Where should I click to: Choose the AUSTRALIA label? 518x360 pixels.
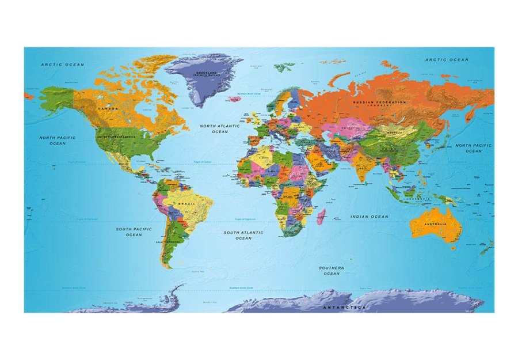tap(435, 224)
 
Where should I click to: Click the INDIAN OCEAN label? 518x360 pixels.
tap(369, 217)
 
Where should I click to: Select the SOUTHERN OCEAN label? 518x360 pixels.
tap(332, 271)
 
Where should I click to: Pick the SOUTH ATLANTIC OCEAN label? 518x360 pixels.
tap(243, 235)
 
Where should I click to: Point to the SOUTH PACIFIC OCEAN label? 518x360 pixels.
tap(134, 232)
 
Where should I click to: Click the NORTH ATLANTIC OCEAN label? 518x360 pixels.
tap(219, 128)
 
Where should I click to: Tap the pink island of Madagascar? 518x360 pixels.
tap(321, 217)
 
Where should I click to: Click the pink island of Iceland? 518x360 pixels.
tap(234, 98)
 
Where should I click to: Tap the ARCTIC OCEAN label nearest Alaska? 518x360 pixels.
tap(63, 65)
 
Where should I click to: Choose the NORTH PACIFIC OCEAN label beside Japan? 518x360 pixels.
tap(473, 148)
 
